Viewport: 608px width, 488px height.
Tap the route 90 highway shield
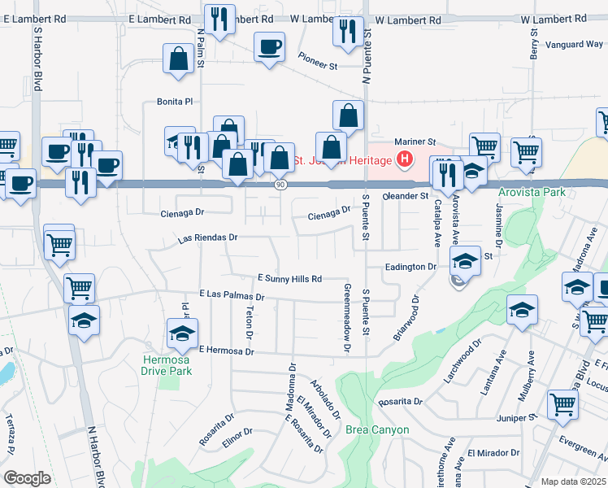[x=280, y=185]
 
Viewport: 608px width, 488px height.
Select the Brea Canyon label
[x=377, y=429]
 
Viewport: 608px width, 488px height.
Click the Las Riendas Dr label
[x=207, y=238]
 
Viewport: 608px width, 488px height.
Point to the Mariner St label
[x=415, y=141]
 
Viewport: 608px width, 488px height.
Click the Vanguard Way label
[x=573, y=45]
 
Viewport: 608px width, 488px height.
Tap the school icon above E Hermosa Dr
[x=182, y=333]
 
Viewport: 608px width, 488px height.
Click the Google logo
[x=27, y=478]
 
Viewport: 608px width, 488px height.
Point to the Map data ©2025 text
[x=572, y=481]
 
